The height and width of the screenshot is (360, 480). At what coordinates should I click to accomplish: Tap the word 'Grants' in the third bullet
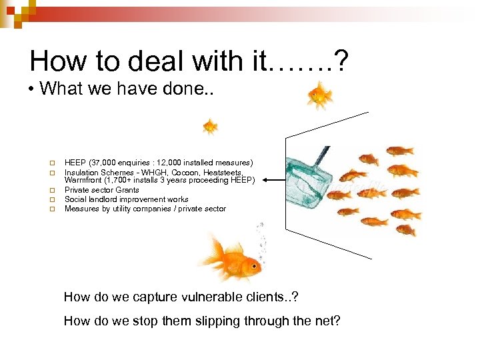[x=127, y=190]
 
